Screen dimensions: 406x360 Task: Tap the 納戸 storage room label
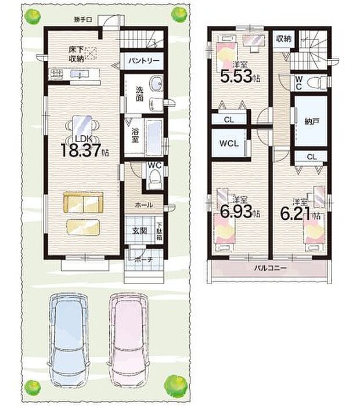point(311,122)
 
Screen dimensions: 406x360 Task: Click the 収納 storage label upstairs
point(283,39)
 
